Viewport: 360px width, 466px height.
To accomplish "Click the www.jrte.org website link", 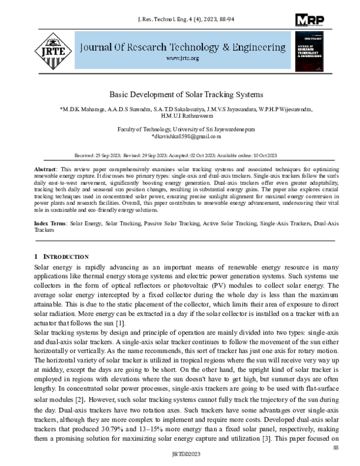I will pos(181,58).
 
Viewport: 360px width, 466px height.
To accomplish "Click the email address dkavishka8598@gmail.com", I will pos(182,136).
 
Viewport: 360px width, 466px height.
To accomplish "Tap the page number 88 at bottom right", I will pos(336,447).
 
